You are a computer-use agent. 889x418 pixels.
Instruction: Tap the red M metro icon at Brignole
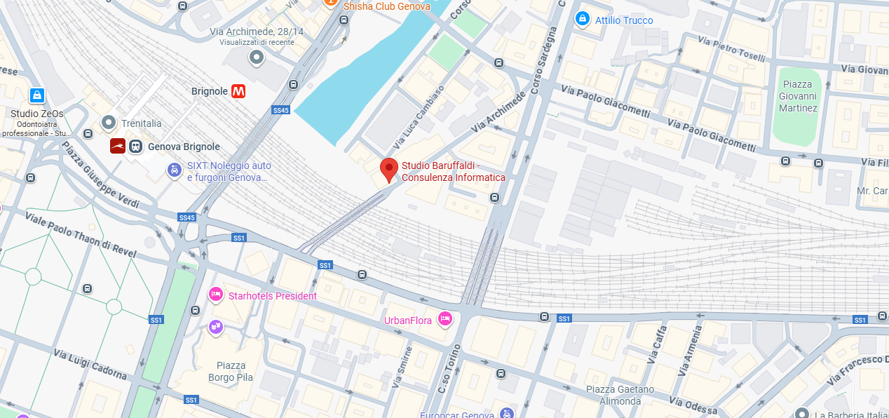click(x=239, y=91)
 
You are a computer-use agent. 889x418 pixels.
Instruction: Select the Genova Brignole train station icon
click(x=135, y=147)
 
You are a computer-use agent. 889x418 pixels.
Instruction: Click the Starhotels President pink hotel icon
click(x=216, y=295)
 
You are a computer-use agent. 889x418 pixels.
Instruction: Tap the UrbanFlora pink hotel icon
click(x=444, y=320)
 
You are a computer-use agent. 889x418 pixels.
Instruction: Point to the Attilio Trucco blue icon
click(x=581, y=19)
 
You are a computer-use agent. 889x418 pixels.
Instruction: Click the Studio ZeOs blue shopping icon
click(x=37, y=95)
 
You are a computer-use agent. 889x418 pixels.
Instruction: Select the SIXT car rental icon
click(x=174, y=170)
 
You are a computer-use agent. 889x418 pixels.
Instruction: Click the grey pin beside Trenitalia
click(x=108, y=123)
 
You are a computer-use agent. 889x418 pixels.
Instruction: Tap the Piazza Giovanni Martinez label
click(x=798, y=97)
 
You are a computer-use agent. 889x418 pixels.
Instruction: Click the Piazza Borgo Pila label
click(x=231, y=372)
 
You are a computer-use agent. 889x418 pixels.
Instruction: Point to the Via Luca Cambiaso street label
click(x=419, y=116)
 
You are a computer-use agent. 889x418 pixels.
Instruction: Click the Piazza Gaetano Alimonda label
click(x=620, y=395)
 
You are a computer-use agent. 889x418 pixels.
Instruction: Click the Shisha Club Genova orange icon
click(x=330, y=4)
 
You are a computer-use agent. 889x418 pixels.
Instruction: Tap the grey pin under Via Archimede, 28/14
click(x=257, y=58)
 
